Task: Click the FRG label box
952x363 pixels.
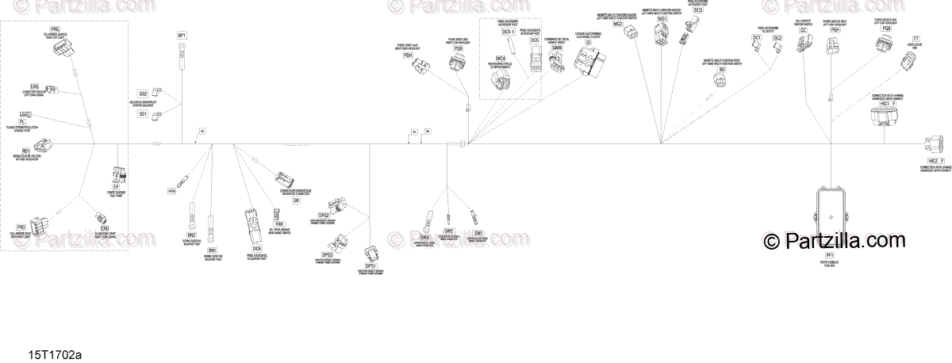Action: (x=55, y=28)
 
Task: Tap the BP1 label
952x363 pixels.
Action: (x=182, y=36)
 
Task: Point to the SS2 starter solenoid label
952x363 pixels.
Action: (x=143, y=94)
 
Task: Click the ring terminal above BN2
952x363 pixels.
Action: (x=191, y=214)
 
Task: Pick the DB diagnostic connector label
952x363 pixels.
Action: (x=296, y=201)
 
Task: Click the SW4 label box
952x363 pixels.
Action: (x=424, y=237)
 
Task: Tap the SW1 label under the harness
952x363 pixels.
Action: (x=478, y=232)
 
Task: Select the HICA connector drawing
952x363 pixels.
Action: (x=501, y=82)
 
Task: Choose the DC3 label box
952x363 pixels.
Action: (x=697, y=10)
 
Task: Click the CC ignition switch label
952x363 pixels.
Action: (x=803, y=30)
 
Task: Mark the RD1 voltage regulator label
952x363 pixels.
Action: (x=26, y=151)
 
